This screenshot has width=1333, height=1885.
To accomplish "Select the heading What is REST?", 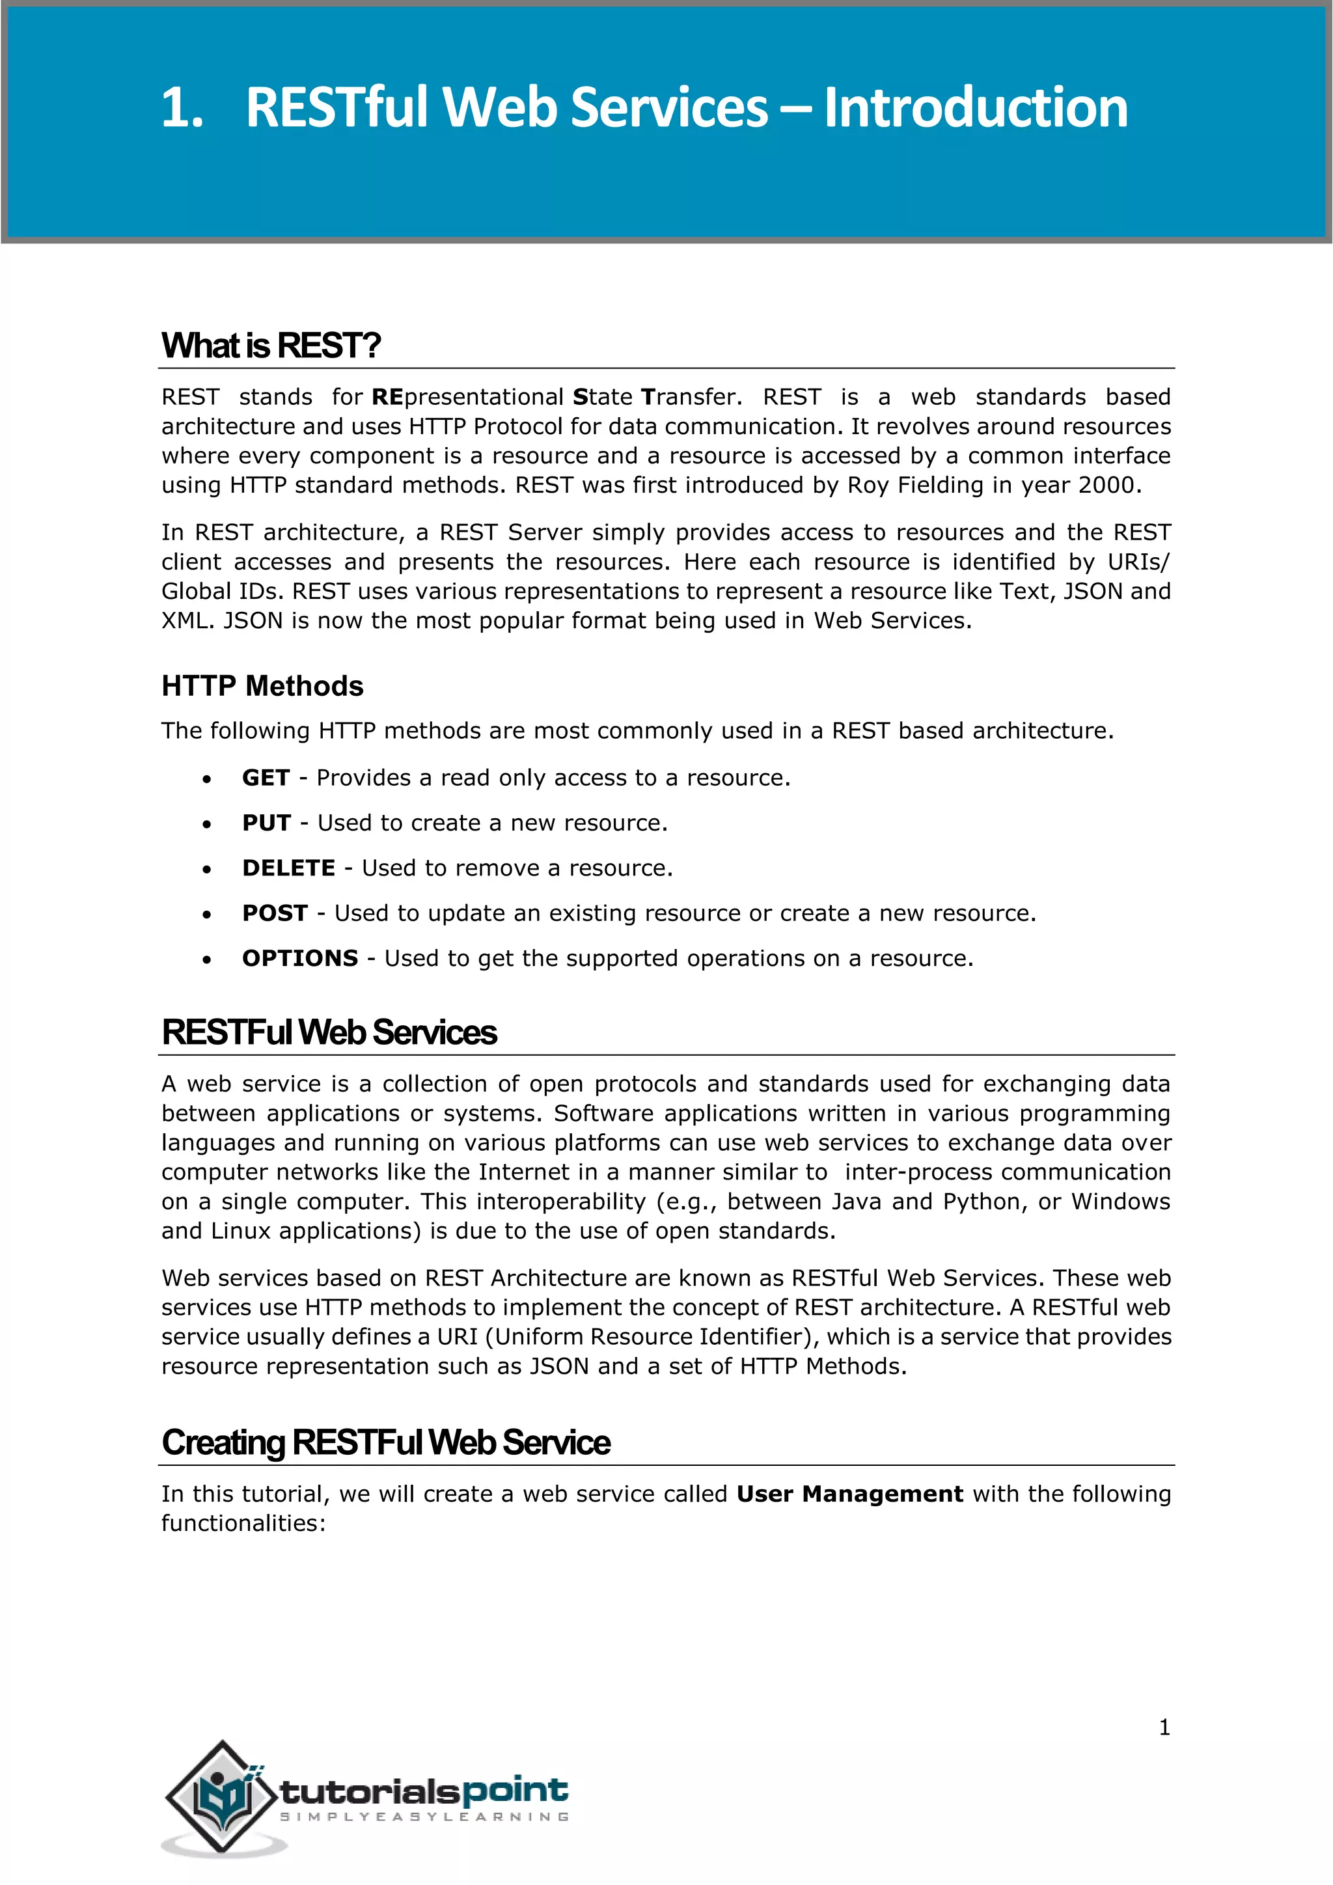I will pyautogui.click(x=271, y=346).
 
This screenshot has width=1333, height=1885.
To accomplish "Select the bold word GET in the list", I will pyautogui.click(x=265, y=777).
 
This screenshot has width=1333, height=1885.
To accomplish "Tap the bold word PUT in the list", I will pyautogui.click(x=266, y=823).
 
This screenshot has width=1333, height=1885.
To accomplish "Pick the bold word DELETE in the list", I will pyautogui.click(x=288, y=868).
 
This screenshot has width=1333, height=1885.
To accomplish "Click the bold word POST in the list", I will pyautogui.click(x=274, y=913).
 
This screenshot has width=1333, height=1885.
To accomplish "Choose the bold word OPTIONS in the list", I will pyautogui.click(x=299, y=958).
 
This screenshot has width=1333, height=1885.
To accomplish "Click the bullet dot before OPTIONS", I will pyautogui.click(x=207, y=959).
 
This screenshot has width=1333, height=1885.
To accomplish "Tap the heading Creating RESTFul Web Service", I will pyautogui.click(x=386, y=1442).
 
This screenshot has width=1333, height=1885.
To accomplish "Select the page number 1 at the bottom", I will pyautogui.click(x=1164, y=1727).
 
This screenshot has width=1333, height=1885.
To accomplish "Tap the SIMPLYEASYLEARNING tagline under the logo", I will pyautogui.click(x=424, y=1817).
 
